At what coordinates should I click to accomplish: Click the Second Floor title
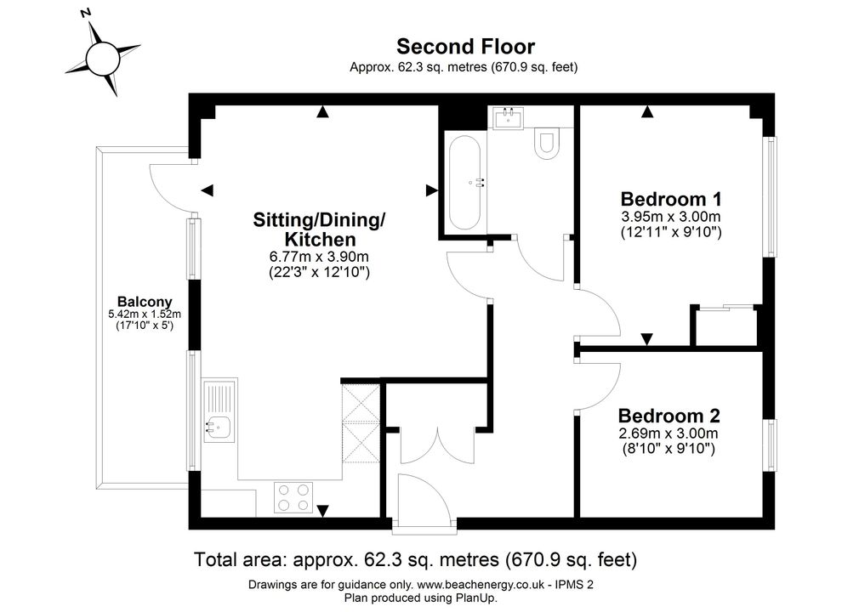(x=465, y=47)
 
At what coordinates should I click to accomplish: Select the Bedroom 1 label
(x=671, y=199)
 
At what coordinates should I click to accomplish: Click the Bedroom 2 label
(x=668, y=416)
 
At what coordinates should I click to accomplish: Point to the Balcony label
(x=145, y=302)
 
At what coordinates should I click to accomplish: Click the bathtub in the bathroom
(x=464, y=183)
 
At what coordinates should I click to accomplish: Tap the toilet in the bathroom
(x=547, y=144)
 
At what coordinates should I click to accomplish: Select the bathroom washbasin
(x=508, y=118)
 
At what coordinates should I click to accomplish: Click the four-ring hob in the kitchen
(x=293, y=497)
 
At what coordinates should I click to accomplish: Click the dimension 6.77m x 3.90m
(x=319, y=257)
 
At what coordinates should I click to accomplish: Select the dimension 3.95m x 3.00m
(x=671, y=217)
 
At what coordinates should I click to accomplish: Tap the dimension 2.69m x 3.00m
(x=668, y=433)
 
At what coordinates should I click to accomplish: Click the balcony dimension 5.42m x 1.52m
(x=145, y=314)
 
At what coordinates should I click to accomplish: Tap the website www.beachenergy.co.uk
(x=480, y=585)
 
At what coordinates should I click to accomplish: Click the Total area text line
(x=415, y=560)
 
